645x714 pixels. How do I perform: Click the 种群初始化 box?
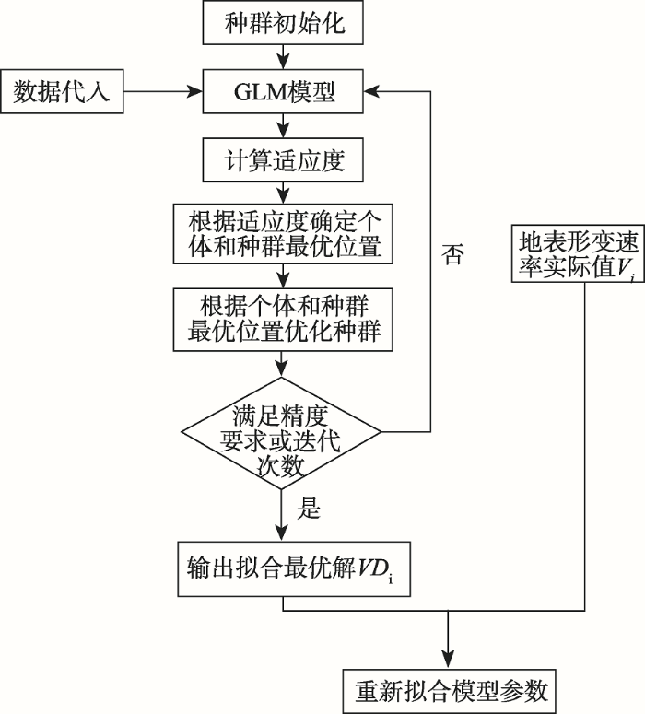285,22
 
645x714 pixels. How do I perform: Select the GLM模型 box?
285,92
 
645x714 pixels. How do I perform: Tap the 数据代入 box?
62,92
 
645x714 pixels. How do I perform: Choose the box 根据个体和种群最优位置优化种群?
285,318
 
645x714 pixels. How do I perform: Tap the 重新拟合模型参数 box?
450,688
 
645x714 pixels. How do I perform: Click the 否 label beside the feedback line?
452,256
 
